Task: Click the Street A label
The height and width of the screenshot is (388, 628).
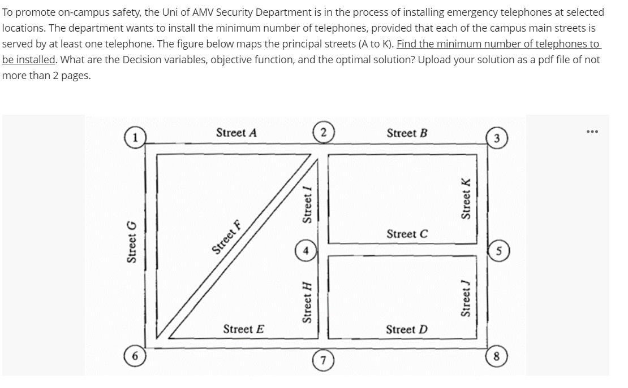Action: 236,133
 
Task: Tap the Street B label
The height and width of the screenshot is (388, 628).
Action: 407,133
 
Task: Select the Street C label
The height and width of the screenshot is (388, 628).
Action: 407,233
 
